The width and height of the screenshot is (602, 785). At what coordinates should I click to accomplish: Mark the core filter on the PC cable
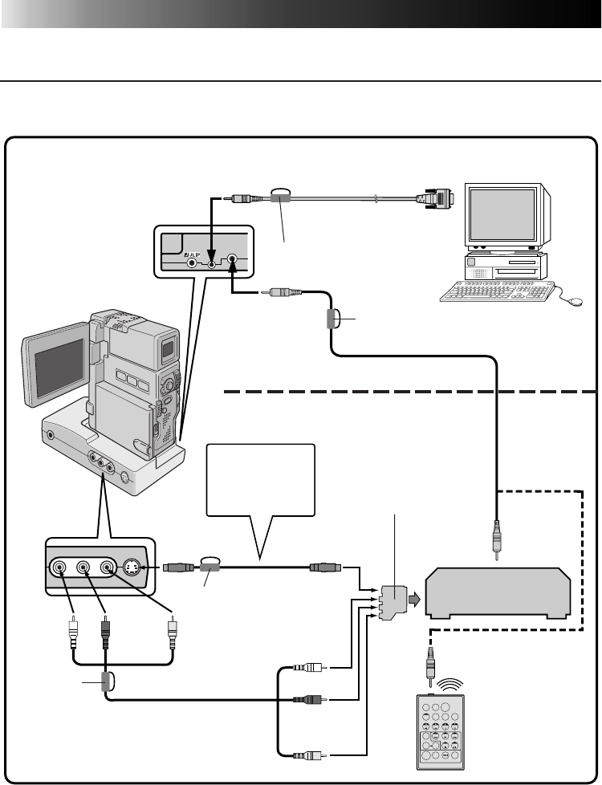[280, 197]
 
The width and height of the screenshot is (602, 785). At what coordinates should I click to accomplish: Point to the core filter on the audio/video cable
[105, 681]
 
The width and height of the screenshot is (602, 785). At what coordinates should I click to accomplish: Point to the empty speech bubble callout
[261, 481]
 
